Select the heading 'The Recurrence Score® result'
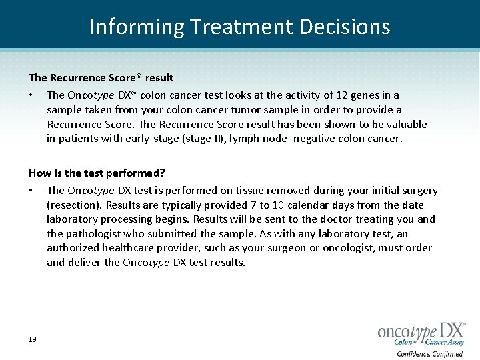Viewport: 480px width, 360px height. [x=101, y=78]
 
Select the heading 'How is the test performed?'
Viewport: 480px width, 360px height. [x=97, y=173]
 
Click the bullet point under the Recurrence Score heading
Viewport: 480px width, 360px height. [x=31, y=95]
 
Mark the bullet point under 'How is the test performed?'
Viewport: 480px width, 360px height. [x=31, y=191]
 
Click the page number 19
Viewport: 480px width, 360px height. [x=32, y=339]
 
